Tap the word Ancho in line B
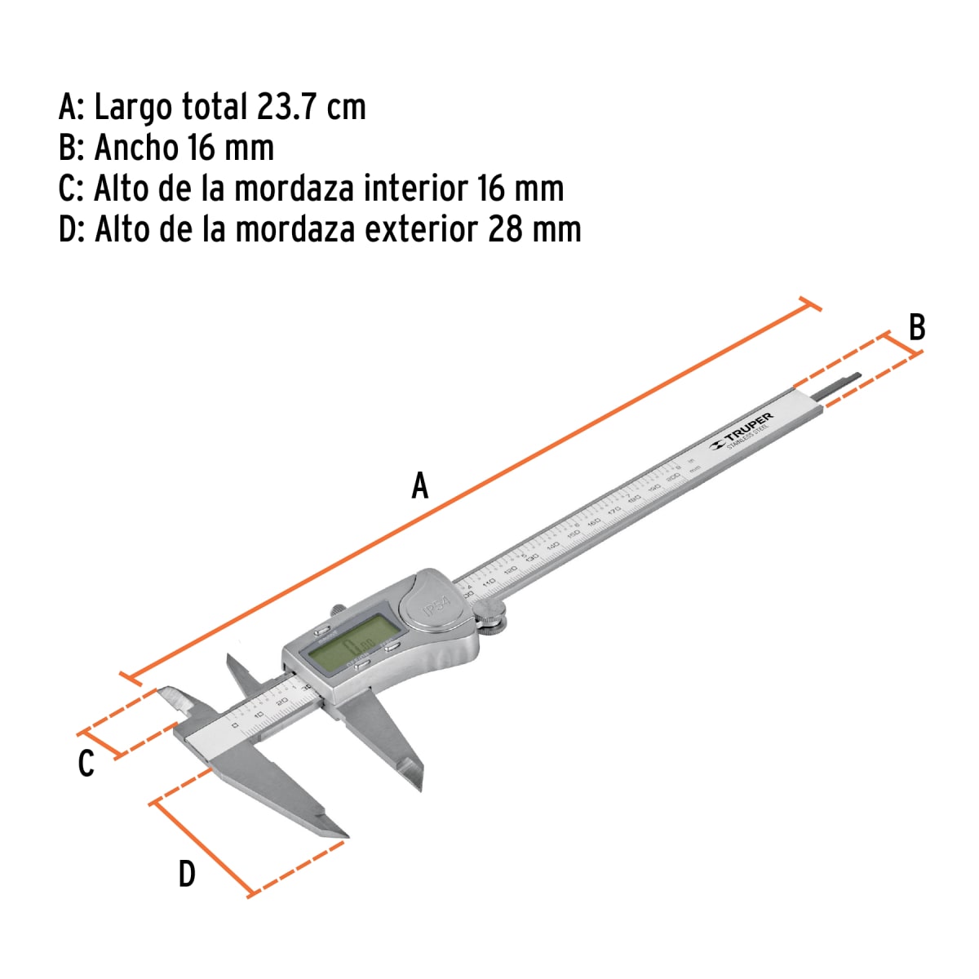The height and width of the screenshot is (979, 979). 136,148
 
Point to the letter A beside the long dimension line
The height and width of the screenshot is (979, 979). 419,486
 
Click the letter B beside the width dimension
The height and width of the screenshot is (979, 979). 917,327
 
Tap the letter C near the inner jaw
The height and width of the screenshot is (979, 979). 86,764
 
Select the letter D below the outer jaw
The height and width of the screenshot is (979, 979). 187,875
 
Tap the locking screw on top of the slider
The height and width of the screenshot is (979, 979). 337,609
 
